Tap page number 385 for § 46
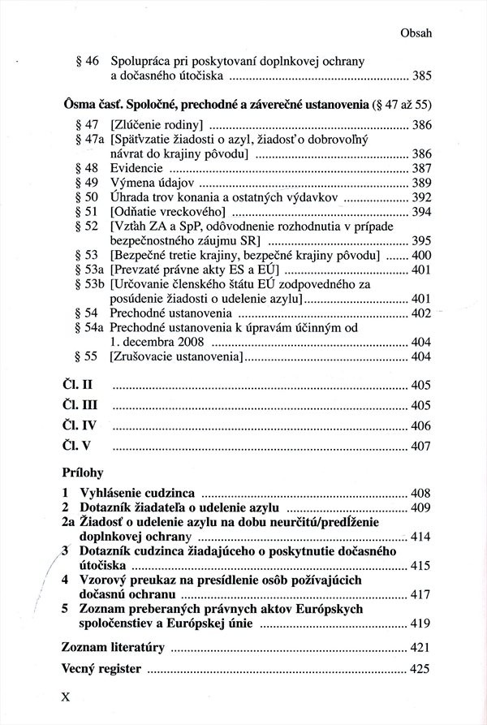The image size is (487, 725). click(x=420, y=76)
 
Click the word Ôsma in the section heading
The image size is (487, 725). click(x=79, y=106)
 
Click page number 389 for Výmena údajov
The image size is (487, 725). click(x=420, y=183)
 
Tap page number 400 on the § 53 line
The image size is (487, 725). click(x=420, y=255)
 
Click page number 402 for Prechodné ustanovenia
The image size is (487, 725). click(x=420, y=313)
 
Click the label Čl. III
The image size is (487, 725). click(x=80, y=404)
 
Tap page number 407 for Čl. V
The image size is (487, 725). click(x=420, y=447)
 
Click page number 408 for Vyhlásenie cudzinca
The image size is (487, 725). click(x=420, y=494)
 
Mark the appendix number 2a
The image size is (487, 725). click(x=68, y=522)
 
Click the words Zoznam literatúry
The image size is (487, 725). click(x=114, y=648)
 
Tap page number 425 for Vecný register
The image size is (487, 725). click(x=420, y=670)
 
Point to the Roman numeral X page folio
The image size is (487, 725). click(x=67, y=697)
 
